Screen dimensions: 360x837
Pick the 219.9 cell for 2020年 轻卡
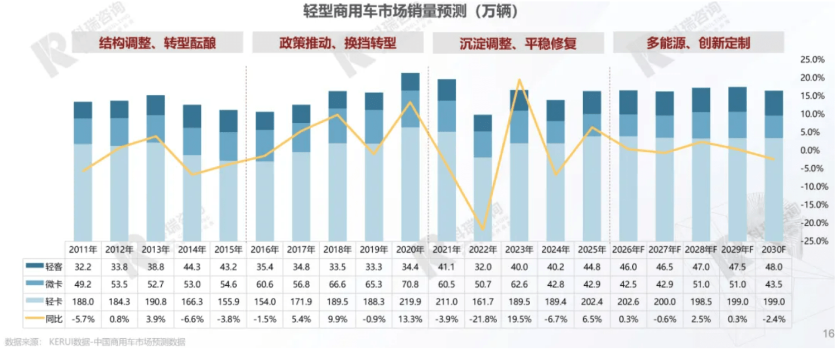pyautogui.click(x=410, y=303)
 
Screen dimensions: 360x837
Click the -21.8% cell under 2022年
pyautogui.click(x=483, y=320)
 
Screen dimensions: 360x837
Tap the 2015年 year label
pyautogui.click(x=228, y=249)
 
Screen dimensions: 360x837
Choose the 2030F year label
pyautogui.click(x=773, y=249)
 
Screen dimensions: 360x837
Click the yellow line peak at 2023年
pyautogui.click(x=519, y=80)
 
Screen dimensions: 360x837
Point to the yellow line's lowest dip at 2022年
pyautogui.click(x=483, y=229)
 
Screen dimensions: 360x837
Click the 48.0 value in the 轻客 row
pyautogui.click(x=773, y=267)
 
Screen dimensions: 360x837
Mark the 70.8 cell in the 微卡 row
pyautogui.click(x=410, y=285)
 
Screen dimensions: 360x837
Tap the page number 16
pyautogui.click(x=828, y=334)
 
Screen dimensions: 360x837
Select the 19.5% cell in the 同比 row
pyautogui.click(x=519, y=320)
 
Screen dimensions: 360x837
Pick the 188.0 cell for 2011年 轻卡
pyautogui.click(x=83, y=303)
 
